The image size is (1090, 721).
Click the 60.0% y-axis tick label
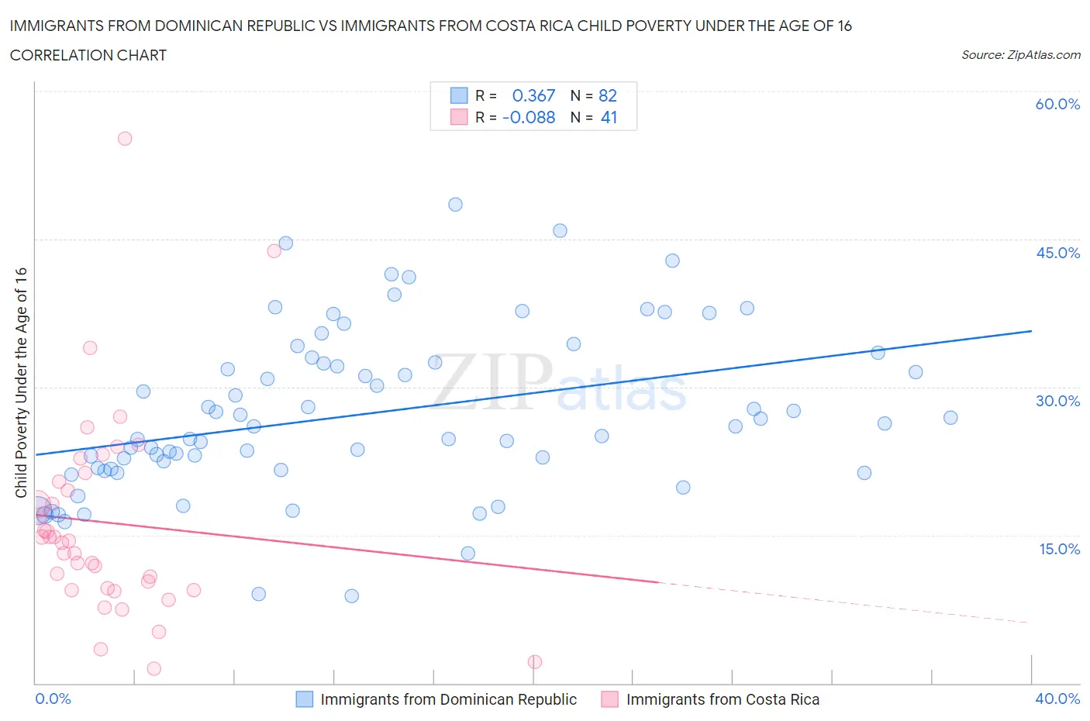1057,104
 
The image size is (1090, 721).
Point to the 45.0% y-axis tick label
1057,253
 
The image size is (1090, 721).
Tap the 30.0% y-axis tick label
1057,401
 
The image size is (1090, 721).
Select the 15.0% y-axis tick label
1057,549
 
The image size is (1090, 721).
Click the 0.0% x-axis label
53,699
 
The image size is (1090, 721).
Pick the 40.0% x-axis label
1057,699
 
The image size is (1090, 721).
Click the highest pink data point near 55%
125,139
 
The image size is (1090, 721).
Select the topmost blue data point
455,205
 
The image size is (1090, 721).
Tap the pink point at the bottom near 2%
535,661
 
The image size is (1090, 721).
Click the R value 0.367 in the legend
533,95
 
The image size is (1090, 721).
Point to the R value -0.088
529,117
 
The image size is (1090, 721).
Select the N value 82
608,95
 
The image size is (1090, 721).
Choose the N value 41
609,117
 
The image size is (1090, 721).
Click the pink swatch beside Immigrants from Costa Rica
610,699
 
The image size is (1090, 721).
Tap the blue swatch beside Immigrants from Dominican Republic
305,699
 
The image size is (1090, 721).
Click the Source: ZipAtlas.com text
1020,55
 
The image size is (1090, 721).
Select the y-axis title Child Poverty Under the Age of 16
21,382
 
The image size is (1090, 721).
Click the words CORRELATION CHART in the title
88,55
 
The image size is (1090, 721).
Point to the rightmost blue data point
950,418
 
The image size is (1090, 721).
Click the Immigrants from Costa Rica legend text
723,699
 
